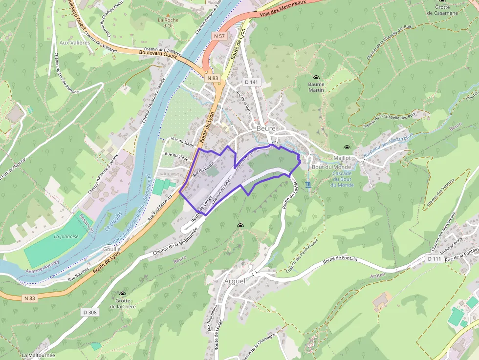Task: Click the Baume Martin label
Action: (316, 87)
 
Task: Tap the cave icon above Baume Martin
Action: (316, 77)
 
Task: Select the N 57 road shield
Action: (219, 36)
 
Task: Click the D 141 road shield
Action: (251, 82)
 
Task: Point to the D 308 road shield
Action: (90, 312)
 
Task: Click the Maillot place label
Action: (342, 158)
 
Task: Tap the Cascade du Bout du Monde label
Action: (342, 179)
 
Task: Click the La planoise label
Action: (66, 236)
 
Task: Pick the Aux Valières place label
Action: (75, 42)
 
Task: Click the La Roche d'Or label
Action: (168, 23)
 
